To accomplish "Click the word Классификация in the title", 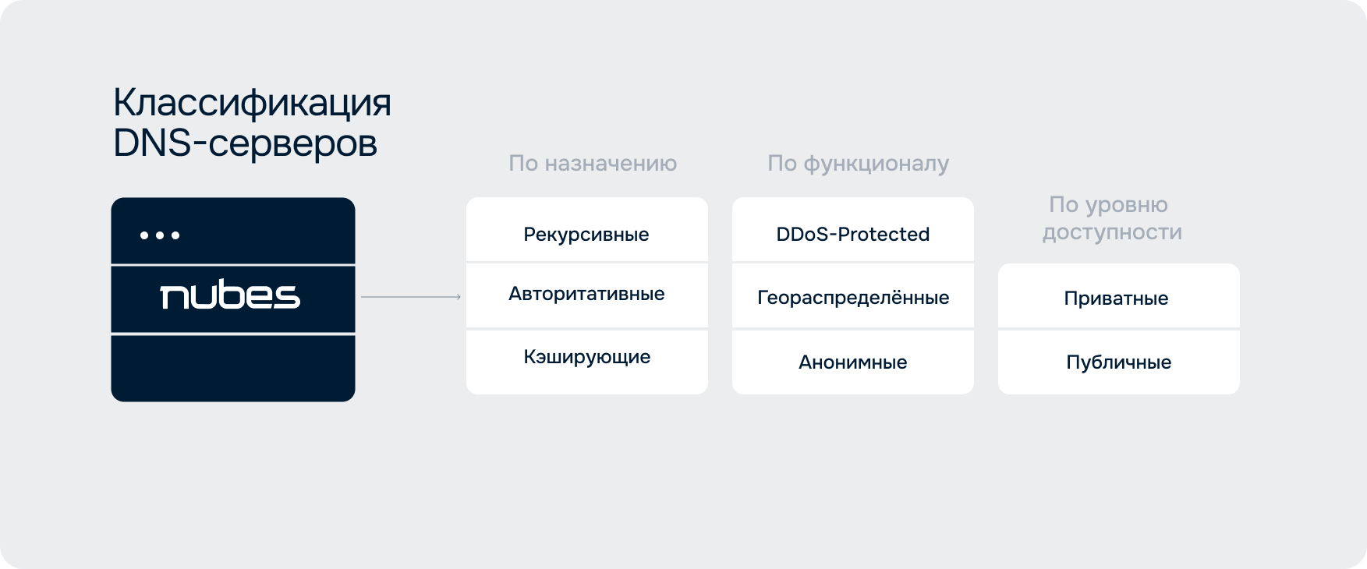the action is pyautogui.click(x=252, y=104).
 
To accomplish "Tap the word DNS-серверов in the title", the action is pyautogui.click(x=246, y=143).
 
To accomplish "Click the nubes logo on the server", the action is pyautogui.click(x=230, y=295).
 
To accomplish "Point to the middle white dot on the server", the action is pyautogui.click(x=160, y=235).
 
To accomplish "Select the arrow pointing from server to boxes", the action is pyautogui.click(x=411, y=297).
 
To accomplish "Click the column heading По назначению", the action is pyautogui.click(x=593, y=163).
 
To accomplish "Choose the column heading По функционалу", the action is pyautogui.click(x=858, y=163).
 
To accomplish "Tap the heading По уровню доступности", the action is pyautogui.click(x=1112, y=218).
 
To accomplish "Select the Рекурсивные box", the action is pyautogui.click(x=587, y=230).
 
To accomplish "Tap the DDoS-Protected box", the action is pyautogui.click(x=853, y=230).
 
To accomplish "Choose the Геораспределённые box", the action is pyautogui.click(x=853, y=296).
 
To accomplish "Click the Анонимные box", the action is pyautogui.click(x=853, y=362).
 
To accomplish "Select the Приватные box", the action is pyautogui.click(x=1119, y=296).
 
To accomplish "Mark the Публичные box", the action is pyautogui.click(x=1119, y=362).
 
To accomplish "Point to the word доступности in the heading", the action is pyautogui.click(x=1112, y=232).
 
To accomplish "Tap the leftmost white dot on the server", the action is pyautogui.click(x=144, y=235).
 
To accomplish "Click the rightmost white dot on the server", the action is pyautogui.click(x=175, y=235).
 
